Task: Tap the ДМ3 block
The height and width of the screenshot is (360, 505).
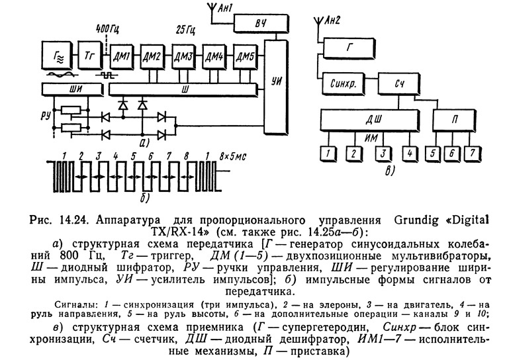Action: [183, 56]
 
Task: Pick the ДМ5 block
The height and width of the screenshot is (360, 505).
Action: [246, 56]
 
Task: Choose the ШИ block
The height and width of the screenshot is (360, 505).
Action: [67, 88]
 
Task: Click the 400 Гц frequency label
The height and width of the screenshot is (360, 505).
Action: [109, 30]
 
